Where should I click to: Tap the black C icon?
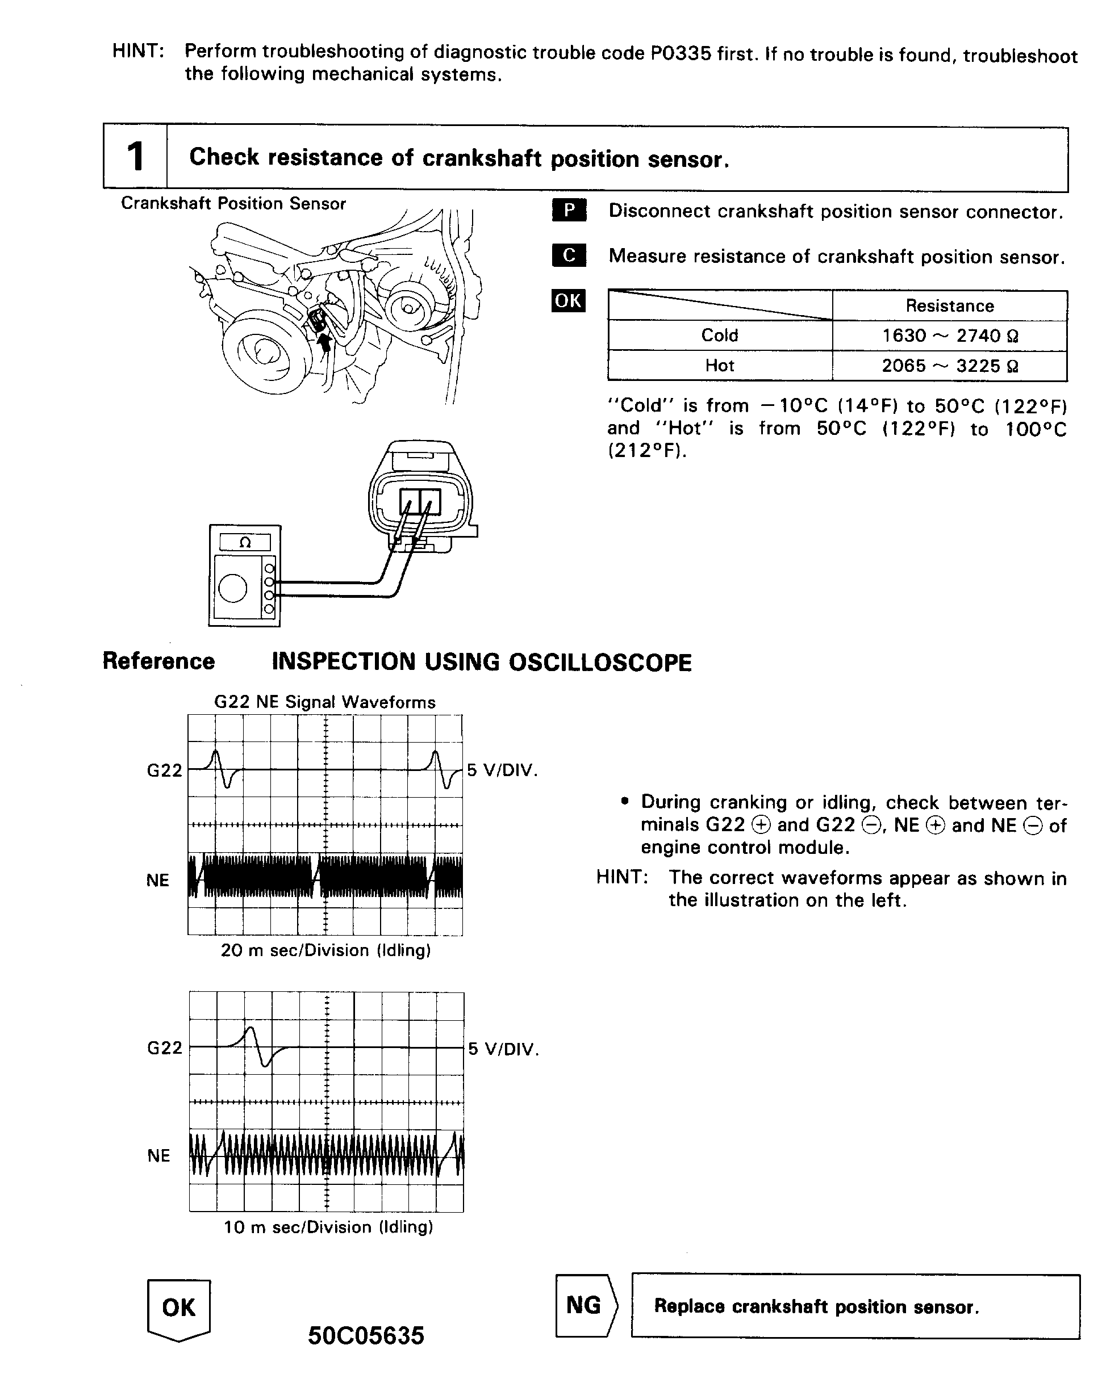coord(569,255)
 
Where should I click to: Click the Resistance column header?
coord(949,305)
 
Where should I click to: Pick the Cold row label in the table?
coord(719,335)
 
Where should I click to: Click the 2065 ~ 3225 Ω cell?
coord(949,366)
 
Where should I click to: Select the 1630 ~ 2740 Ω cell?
coord(949,335)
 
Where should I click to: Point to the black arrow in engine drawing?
coord(325,341)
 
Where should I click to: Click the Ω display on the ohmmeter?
coord(245,542)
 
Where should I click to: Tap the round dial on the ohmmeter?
coord(232,588)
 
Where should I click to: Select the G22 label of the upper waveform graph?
coord(164,770)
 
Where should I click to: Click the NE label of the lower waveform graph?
coord(158,1155)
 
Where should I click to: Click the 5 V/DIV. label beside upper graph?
coord(502,770)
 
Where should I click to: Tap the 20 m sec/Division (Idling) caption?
coord(325,950)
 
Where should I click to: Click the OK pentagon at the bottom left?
coord(179,1309)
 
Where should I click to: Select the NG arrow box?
coord(585,1305)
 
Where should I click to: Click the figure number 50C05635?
coord(366,1336)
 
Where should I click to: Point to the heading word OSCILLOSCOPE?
coord(599,663)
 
